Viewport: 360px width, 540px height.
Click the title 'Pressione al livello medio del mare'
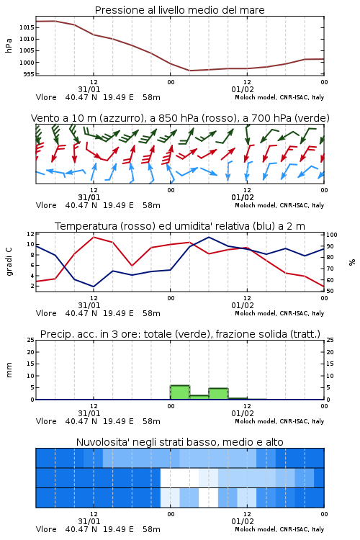[x=179, y=10]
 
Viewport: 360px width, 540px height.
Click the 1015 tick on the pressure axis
[x=27, y=27]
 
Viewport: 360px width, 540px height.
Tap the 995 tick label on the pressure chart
[x=29, y=74]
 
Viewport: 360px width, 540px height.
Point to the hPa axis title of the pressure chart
[x=9, y=45]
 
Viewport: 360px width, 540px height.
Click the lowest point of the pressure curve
[x=189, y=71]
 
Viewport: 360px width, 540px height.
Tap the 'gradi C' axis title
[x=9, y=261]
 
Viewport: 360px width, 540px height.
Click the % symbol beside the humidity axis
[x=352, y=262]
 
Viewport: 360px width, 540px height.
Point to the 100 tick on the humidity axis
[x=332, y=235]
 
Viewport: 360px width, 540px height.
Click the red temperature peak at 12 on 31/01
[x=94, y=237]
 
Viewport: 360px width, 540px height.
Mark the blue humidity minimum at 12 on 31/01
[x=94, y=287]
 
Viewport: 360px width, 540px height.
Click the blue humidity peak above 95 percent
[x=209, y=237]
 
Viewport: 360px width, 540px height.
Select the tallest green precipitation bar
[x=180, y=392]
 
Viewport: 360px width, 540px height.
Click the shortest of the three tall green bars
[x=199, y=397]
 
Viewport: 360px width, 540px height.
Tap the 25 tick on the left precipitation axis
[x=31, y=340]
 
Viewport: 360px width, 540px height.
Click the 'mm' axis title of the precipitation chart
[x=9, y=370]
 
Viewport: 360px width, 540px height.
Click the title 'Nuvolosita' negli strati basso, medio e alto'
[x=179, y=442]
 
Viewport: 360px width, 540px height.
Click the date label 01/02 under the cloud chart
[x=243, y=521]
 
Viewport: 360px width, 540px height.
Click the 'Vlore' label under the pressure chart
[x=46, y=97]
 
